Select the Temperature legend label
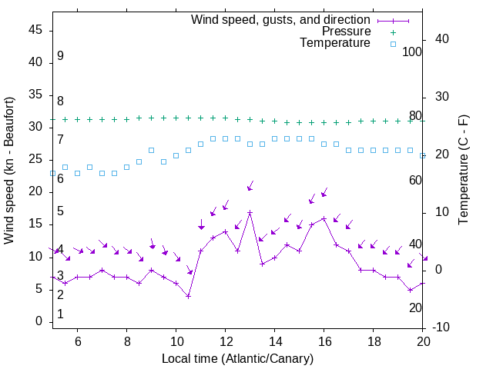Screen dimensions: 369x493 tap(335, 43)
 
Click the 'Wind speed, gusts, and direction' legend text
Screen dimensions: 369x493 tap(281, 19)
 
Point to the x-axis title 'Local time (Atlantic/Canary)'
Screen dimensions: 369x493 tap(237, 359)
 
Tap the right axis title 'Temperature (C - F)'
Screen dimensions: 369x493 tap(463, 171)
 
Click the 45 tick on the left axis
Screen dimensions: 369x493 tap(36, 29)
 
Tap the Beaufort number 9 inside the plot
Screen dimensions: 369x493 tap(60, 56)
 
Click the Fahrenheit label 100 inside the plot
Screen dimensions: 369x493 tap(412, 52)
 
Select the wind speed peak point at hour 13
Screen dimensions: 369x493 tap(250, 212)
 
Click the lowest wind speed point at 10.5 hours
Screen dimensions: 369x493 tap(188, 296)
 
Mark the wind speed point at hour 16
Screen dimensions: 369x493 tap(324, 218)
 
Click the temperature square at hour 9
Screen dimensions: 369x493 tap(151, 151)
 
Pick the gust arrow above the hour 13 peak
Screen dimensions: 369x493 tap(250, 186)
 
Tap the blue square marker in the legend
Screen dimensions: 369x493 tap(392, 44)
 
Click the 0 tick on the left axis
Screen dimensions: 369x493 tap(39, 322)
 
